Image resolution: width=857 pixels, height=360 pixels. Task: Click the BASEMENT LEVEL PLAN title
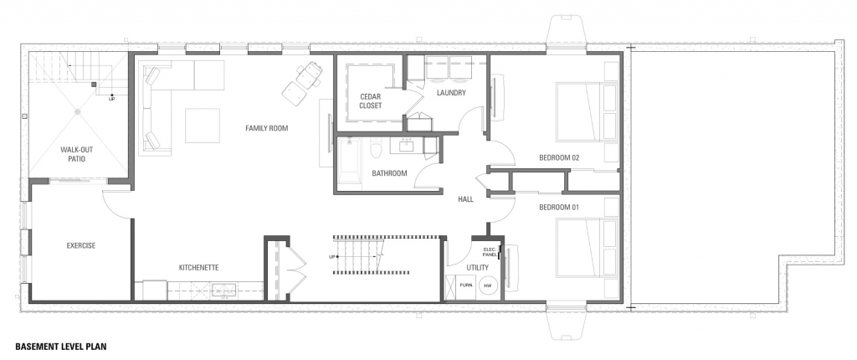coord(60,347)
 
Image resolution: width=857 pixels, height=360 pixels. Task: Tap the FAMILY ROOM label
coord(267,129)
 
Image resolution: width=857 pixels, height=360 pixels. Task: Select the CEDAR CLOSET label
coord(371,101)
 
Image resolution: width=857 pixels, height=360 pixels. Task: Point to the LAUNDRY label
coord(451,93)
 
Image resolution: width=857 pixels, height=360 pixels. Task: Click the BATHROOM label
coord(390,173)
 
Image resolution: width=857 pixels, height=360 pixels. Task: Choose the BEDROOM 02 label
coord(559,158)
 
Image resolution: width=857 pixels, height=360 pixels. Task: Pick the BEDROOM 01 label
coord(559,208)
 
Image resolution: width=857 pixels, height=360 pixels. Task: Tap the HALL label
coord(465,200)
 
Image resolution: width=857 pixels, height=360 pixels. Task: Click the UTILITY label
coord(477,268)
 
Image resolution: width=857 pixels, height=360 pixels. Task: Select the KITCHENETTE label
coord(199,268)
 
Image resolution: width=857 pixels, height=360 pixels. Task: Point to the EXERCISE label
coord(81,245)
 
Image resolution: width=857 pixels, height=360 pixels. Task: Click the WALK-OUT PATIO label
coord(73,154)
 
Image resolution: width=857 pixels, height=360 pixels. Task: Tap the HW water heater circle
coord(488,285)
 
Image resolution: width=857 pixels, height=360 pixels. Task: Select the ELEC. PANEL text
coord(490,252)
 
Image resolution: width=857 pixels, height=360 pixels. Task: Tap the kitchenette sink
coord(224,290)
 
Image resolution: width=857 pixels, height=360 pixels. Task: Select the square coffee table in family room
coord(203,126)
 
